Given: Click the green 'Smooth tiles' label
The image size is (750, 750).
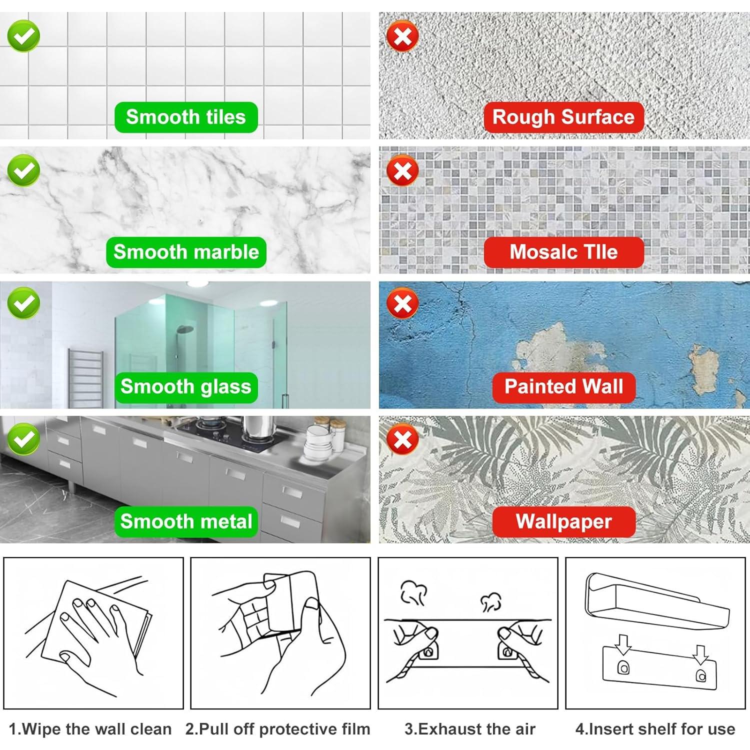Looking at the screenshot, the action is tap(186, 117).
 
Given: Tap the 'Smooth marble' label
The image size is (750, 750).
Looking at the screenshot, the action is tap(186, 252).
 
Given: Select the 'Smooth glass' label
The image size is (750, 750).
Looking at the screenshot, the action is tap(186, 387).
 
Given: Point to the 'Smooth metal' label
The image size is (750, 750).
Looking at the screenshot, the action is tap(186, 522).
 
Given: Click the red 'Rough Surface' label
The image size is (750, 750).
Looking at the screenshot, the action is tap(563, 117).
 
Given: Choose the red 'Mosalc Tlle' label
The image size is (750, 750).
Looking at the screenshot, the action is tap(563, 252).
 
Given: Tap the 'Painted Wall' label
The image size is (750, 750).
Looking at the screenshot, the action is tap(563, 387).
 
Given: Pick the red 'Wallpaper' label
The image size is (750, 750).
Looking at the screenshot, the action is tap(563, 522).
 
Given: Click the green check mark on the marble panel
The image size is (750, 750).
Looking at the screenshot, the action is tap(23, 171).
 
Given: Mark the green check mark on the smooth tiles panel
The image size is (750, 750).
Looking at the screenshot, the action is tap(23, 35).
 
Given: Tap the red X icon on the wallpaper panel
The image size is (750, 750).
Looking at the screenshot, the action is tap(403, 440).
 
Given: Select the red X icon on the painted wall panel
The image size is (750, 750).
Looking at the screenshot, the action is tap(403, 304).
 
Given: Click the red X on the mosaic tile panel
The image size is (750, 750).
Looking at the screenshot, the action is tap(403, 171).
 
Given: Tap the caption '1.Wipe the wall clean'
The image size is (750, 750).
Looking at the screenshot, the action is tap(90, 729).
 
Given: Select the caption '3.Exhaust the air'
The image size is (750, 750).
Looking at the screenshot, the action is tap(470, 729).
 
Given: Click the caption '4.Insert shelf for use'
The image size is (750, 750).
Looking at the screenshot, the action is tap(655, 729).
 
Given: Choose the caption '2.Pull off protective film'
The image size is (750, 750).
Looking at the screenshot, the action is tap(278, 729).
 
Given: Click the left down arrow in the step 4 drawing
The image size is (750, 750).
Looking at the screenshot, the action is tap(623, 645).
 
